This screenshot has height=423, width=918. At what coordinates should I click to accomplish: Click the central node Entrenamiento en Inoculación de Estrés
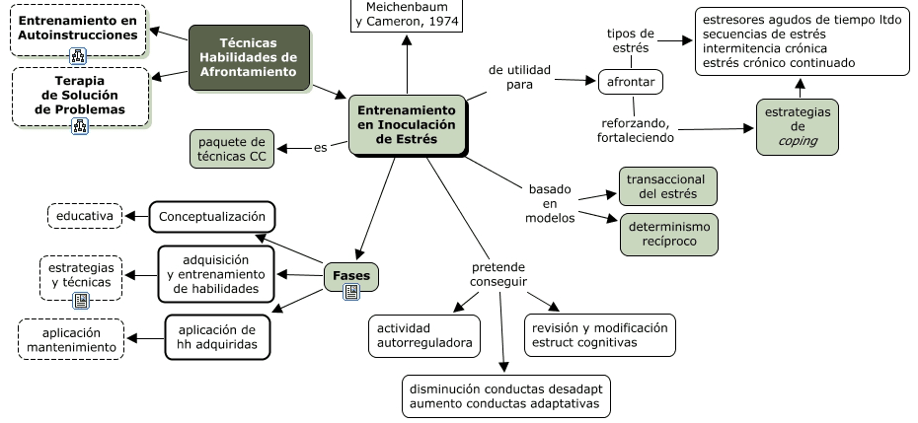click(407, 124)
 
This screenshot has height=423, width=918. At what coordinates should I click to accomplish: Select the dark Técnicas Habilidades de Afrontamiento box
click(250, 57)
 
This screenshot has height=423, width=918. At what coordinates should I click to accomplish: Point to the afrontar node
click(630, 81)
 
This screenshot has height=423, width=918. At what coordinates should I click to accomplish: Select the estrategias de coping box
click(799, 125)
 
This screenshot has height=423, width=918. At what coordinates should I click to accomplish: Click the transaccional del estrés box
click(667, 185)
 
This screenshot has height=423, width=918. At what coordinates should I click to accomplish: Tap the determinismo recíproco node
click(667, 233)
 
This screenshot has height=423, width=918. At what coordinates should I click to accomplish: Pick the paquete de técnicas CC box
click(232, 148)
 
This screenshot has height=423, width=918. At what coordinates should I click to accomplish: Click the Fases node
click(350, 276)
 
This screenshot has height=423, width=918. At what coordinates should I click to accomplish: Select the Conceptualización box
click(212, 215)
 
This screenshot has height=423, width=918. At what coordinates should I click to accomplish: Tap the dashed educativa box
click(84, 215)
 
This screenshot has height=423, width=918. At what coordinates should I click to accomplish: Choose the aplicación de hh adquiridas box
click(217, 336)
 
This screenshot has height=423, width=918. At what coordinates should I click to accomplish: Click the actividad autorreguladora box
click(424, 335)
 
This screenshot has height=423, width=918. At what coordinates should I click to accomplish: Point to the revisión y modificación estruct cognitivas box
click(599, 335)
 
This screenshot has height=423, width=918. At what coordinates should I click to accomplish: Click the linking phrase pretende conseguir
click(498, 275)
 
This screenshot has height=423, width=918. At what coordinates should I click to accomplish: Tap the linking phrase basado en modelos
click(550, 202)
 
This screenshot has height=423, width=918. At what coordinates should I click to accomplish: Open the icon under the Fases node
click(350, 293)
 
